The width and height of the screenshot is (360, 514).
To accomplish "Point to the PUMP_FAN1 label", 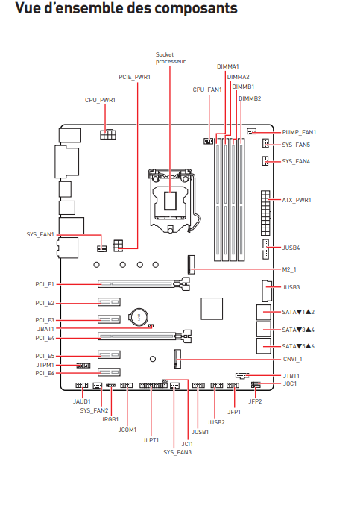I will [299, 131].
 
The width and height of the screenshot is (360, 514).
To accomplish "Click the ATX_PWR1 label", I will [296, 200].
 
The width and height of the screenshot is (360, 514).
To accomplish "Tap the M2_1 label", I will [289, 269].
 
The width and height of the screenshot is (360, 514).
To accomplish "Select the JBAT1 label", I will [45, 328].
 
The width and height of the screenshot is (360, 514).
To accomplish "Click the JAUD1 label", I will [82, 401].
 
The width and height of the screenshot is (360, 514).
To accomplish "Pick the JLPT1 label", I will [151, 440].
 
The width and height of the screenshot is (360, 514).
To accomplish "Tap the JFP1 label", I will [234, 411].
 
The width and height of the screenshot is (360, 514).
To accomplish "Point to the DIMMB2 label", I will [250, 98].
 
